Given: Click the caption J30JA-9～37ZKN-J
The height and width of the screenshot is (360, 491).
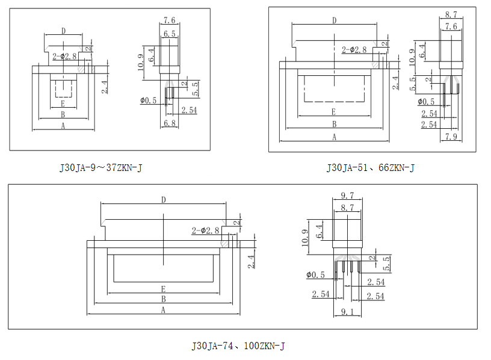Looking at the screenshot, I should coord(100,168).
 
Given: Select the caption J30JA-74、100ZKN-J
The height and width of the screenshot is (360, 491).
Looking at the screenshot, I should coord(238,346).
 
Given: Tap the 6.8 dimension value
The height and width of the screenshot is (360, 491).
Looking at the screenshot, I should coord(169,123).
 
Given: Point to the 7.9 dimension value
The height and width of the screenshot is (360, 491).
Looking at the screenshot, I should coord(451,137).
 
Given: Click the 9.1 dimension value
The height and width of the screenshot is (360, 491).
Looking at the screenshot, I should coord(347,311).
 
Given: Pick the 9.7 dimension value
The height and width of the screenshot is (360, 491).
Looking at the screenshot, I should coord(347,196).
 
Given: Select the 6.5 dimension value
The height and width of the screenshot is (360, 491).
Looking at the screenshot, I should coord(169,34).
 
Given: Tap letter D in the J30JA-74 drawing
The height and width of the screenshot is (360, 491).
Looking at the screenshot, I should coord(164,199).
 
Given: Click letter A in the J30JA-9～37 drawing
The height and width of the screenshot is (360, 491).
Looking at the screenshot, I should coord(63,125).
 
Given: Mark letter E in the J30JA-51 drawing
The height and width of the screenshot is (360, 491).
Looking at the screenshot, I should coord(333,112).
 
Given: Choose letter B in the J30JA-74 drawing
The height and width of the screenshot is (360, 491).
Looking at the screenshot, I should coord(164,299).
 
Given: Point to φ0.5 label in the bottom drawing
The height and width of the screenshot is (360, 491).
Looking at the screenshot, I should coord(315,275).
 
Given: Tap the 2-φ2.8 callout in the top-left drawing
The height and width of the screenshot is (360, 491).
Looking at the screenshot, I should coord(64,56).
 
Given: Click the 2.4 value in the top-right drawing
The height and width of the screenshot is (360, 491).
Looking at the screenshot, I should coord(395,82).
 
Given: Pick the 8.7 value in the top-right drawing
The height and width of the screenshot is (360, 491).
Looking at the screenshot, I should coord(451,13).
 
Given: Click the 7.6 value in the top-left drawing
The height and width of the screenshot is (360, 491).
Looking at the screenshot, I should coord(169,20).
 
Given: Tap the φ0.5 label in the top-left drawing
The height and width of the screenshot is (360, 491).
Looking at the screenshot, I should coord(148,101).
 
